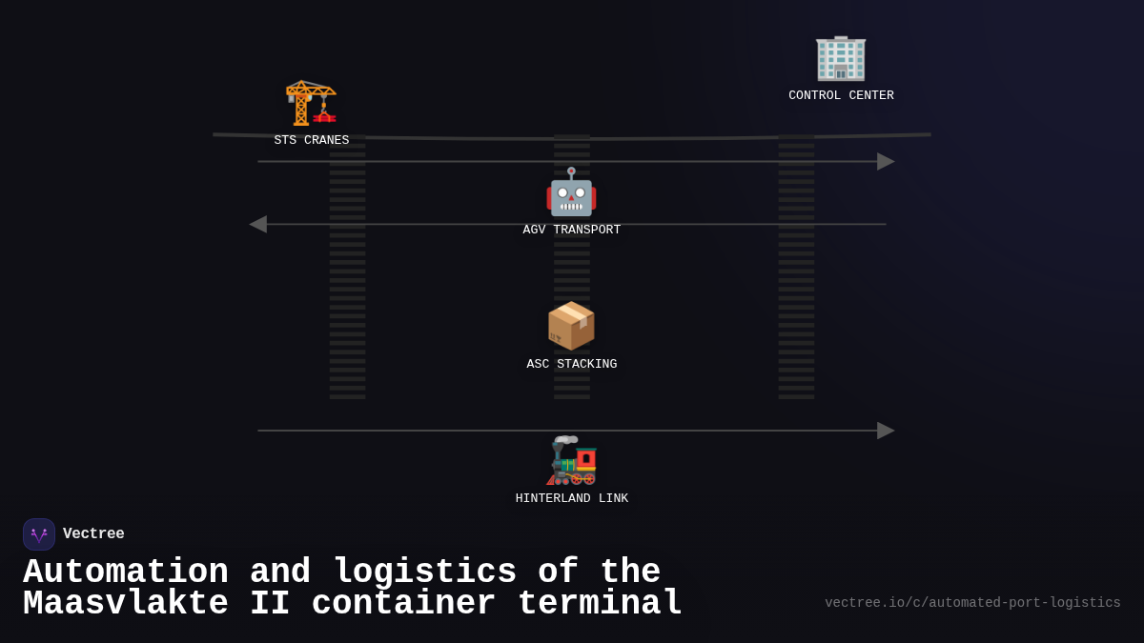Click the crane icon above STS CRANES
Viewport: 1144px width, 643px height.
[x=311, y=103]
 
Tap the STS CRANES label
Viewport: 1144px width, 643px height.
[x=312, y=141]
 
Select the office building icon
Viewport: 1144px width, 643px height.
[x=841, y=57]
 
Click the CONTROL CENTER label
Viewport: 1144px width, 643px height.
[x=841, y=96]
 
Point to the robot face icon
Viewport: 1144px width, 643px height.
[x=571, y=192]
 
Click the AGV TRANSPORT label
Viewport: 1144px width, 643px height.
[x=571, y=231]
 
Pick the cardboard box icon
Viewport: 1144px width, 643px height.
[x=571, y=327]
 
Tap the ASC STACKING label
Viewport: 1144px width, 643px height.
[x=571, y=365]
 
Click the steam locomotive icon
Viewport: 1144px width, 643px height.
[x=571, y=461]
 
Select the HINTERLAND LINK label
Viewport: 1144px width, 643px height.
[x=571, y=499]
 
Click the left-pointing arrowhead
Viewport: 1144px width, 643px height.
[x=257, y=224]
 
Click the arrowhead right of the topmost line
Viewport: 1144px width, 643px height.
[x=886, y=162]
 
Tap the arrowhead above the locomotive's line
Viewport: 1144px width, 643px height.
[x=886, y=431]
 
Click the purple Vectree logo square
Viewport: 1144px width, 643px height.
[x=39, y=534]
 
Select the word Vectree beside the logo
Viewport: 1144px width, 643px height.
[x=93, y=534]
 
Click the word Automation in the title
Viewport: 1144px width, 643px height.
[x=126, y=573]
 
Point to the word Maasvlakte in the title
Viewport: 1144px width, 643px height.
[x=126, y=604]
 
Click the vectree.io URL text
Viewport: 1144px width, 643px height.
[x=972, y=603]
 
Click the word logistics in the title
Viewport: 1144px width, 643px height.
[x=425, y=573]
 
